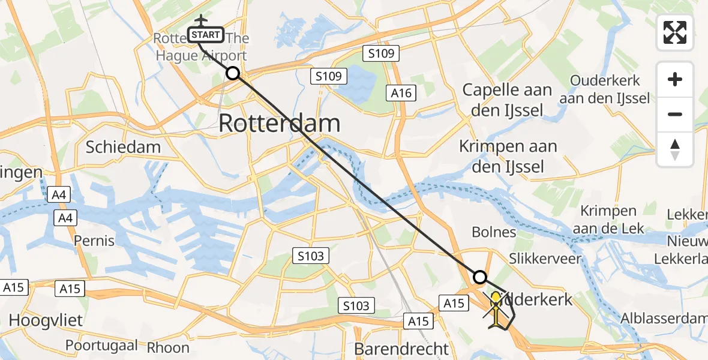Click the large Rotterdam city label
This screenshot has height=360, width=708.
(x=279, y=124)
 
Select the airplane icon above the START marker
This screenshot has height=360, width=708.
(x=200, y=20)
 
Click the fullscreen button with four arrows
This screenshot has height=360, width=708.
(x=675, y=32)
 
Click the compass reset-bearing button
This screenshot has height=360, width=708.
(x=675, y=149)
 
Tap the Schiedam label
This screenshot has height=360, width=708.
(x=123, y=147)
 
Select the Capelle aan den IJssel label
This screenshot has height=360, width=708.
(x=507, y=100)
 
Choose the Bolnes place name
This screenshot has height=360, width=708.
(x=494, y=232)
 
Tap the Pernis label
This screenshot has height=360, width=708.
(x=94, y=241)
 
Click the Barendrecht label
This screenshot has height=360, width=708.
(x=401, y=349)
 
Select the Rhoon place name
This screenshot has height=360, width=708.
(x=168, y=347)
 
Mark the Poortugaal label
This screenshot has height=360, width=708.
(x=101, y=346)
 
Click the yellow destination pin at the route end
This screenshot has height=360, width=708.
(x=496, y=299)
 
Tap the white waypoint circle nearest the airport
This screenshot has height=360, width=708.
(x=233, y=74)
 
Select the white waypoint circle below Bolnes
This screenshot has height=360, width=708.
(x=480, y=277)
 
